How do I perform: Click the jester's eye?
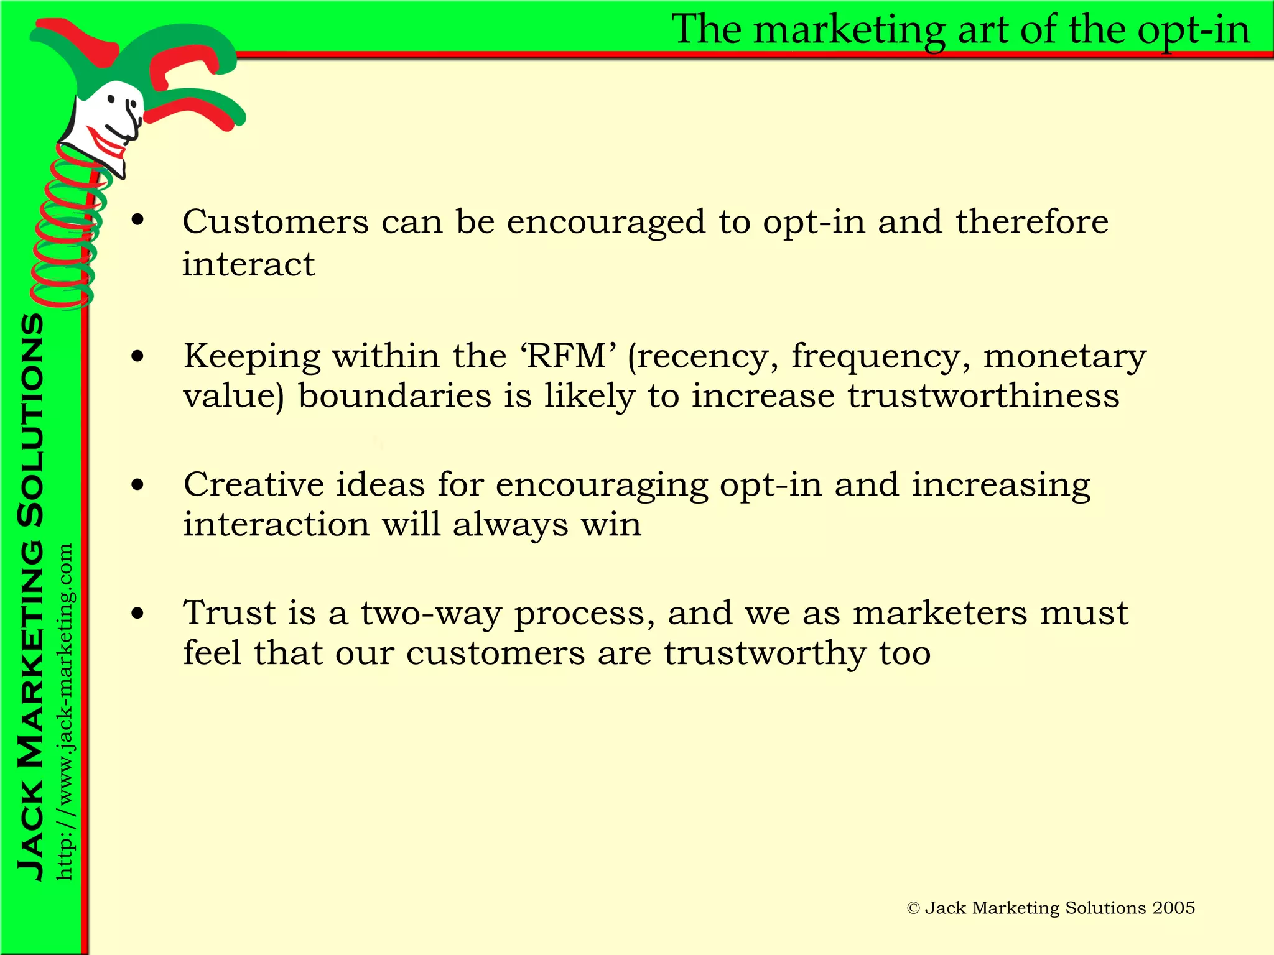tap(112, 99)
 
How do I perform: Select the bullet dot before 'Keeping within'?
tap(137, 356)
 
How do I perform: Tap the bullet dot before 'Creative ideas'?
tap(137, 485)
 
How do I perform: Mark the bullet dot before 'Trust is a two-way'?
tap(137, 614)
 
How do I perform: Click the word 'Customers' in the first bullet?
tap(276, 222)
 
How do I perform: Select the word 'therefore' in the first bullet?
tap(1032, 222)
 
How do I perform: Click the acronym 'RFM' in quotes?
tap(567, 356)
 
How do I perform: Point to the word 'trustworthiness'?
tap(983, 396)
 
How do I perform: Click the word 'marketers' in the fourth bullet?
tap(940, 613)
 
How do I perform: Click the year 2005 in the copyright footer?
tap(1173, 908)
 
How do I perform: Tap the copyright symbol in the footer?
tap(913, 908)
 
